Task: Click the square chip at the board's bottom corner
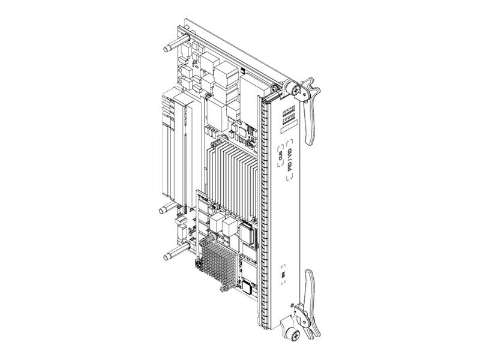pos(248,285)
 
